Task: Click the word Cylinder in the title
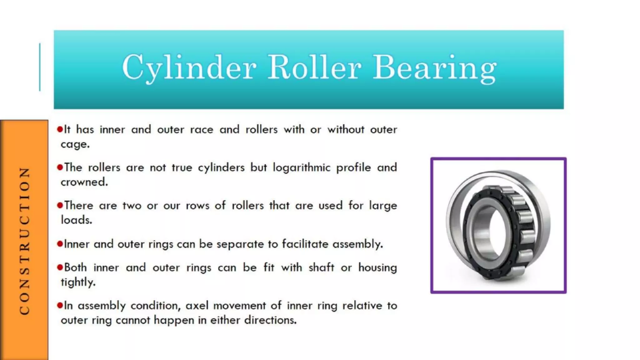tap(189, 67)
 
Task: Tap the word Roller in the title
tap(314, 67)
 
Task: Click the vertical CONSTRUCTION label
tap(24, 241)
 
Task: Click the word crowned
tap(84, 182)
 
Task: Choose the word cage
tap(75, 145)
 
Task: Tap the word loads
tap(77, 220)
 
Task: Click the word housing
tap(377, 268)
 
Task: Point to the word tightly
tap(78, 282)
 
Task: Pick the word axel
tap(197, 305)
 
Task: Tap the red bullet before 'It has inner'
tap(60, 129)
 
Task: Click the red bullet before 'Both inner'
tap(60, 267)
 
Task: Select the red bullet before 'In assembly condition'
tap(60, 305)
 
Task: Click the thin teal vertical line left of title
tap(40, 67)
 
